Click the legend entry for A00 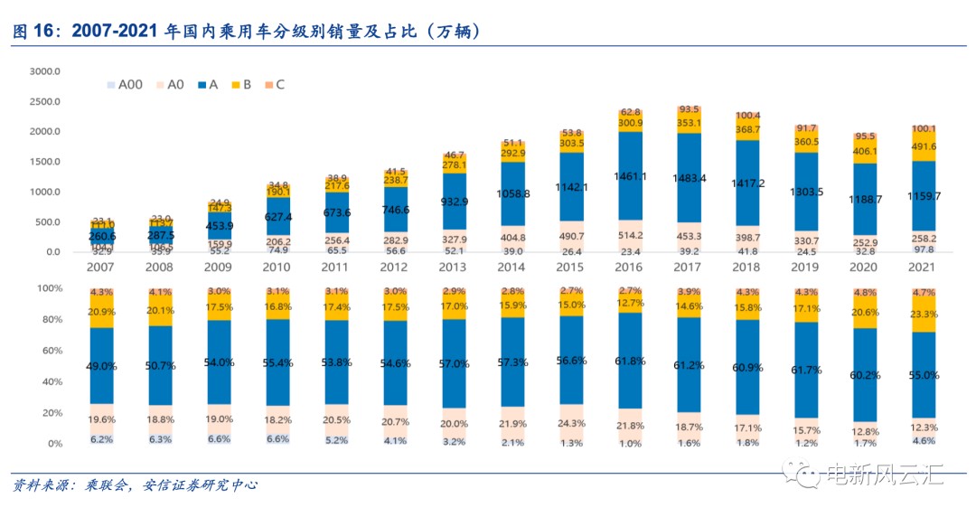(126, 85)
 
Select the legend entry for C (275, 85)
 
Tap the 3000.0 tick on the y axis (44, 71)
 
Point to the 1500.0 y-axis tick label (44, 162)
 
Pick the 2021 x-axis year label (923, 268)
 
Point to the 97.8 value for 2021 (923, 249)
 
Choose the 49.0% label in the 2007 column (101, 366)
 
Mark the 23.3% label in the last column (923, 315)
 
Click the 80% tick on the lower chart (50, 319)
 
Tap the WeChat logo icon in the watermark (802, 473)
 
